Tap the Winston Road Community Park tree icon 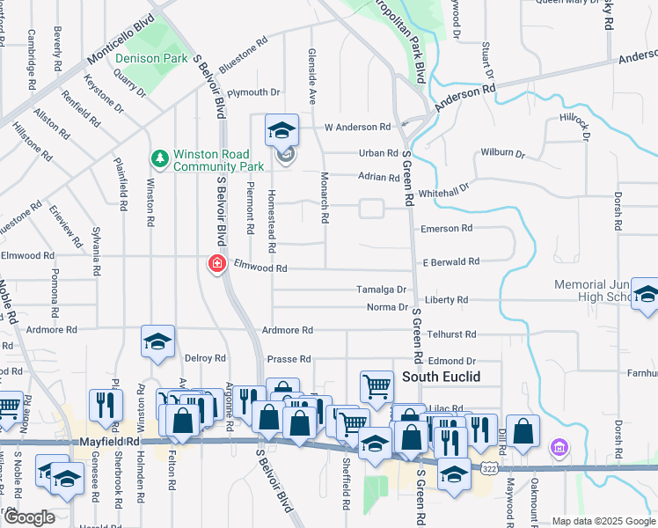159,158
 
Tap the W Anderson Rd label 356,128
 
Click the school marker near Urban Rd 281,131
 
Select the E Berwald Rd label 450,262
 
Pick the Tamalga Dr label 381,290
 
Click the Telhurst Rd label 452,335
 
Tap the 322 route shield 488,470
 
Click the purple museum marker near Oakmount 558,449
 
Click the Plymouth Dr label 253,92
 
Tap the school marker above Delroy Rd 157,341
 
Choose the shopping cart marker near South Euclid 377,385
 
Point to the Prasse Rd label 289,359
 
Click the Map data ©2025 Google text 603,521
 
